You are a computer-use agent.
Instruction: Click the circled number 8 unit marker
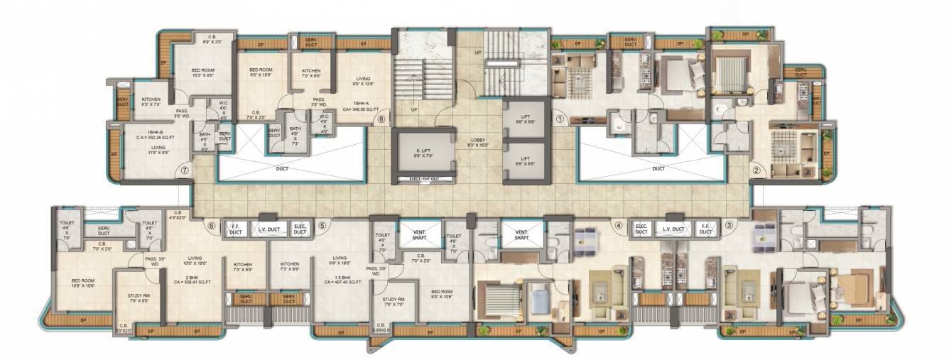click(x=381, y=120)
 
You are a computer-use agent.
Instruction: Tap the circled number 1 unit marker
click(x=560, y=120)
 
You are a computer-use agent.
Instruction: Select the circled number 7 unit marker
click(x=185, y=170)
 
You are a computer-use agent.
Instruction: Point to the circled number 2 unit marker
click(x=757, y=170)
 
